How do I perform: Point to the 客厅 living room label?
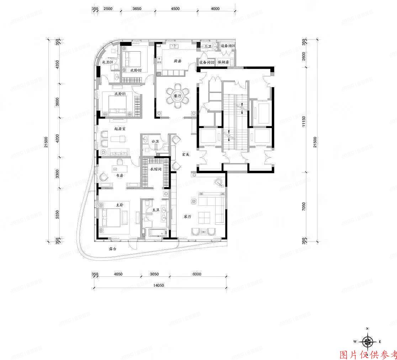[x=187, y=216]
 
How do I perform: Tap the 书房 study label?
[x=119, y=175]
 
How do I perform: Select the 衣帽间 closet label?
[x=156, y=169]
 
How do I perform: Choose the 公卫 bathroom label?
[x=155, y=141]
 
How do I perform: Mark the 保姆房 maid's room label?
[x=223, y=62]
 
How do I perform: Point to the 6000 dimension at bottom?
[x=196, y=274]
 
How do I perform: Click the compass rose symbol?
[x=367, y=342]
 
